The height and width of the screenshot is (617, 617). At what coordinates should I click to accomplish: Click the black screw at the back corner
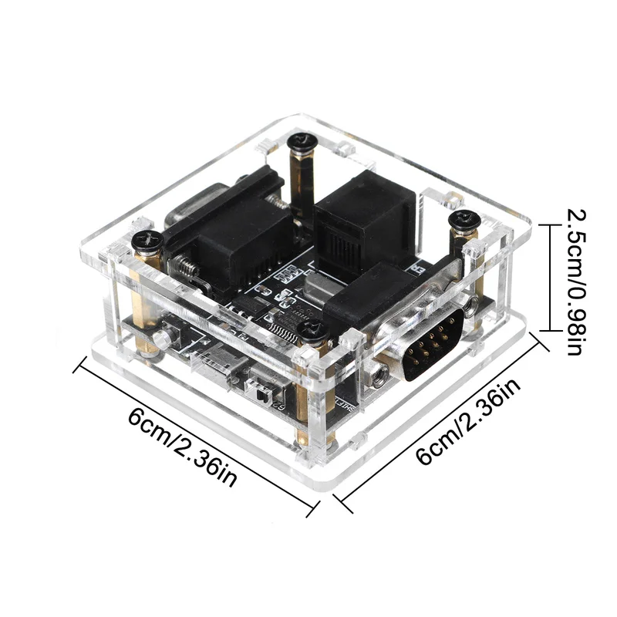click(301, 142)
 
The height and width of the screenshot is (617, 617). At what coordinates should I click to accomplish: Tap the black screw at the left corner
click(147, 240)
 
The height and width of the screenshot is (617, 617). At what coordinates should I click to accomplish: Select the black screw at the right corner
click(465, 220)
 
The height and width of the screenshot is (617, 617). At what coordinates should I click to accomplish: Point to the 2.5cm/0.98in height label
click(577, 282)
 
